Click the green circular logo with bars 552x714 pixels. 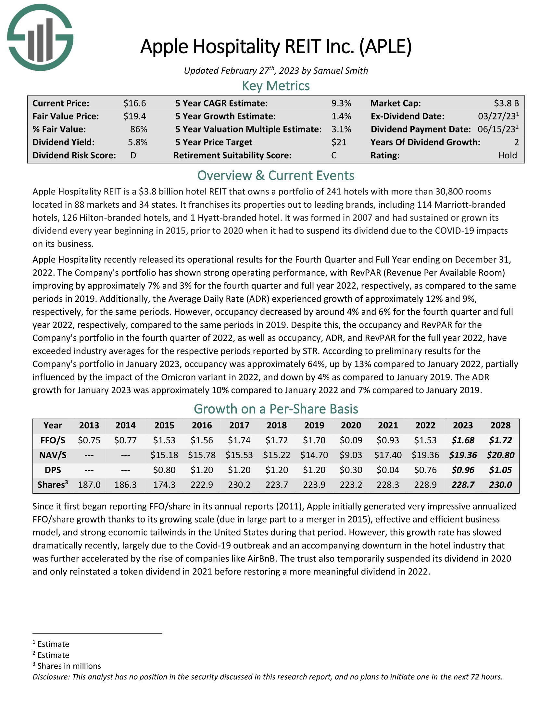[x=40, y=38]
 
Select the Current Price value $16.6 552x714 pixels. [x=134, y=104]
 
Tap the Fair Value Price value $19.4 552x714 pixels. [x=134, y=117]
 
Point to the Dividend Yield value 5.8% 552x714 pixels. [x=137, y=142]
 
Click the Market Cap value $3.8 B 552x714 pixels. [x=506, y=104]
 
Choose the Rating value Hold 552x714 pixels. [x=508, y=155]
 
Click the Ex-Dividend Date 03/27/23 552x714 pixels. [x=496, y=117]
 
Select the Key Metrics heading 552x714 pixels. [x=276, y=86]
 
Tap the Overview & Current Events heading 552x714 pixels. [x=276, y=176]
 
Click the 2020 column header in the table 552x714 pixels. [x=351, y=425]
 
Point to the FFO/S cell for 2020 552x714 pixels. [x=351, y=440]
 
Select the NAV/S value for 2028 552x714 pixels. [x=500, y=455]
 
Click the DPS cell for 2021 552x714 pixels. [x=388, y=470]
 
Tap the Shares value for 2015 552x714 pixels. [x=164, y=485]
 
